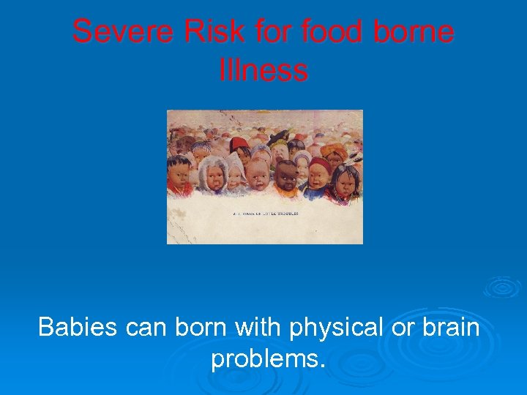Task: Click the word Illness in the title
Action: pyautogui.click(x=263, y=70)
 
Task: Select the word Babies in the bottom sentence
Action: pyautogui.click(x=77, y=327)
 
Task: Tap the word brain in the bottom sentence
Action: pyautogui.click(x=450, y=327)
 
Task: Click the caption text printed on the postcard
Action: pyautogui.click(x=264, y=214)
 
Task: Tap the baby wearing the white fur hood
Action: pyautogui.click(x=213, y=173)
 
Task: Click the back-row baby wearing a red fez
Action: pyautogui.click(x=240, y=146)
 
